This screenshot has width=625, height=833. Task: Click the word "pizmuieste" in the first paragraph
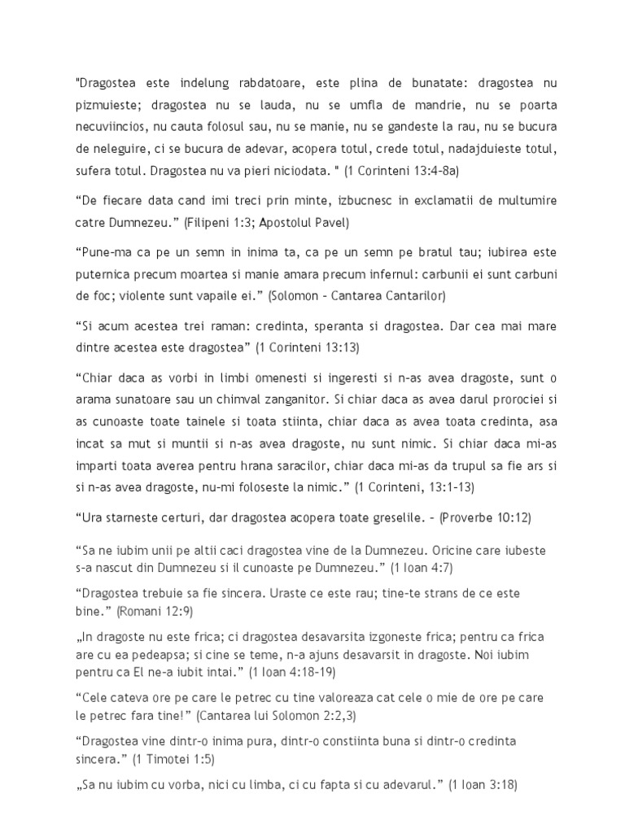point(102,106)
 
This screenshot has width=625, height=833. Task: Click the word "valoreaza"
point(330,698)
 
